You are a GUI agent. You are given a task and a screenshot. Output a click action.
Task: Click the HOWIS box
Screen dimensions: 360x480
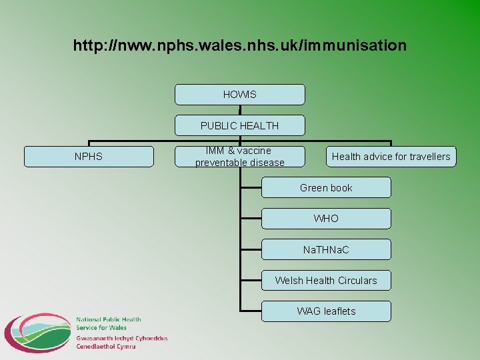(239, 95)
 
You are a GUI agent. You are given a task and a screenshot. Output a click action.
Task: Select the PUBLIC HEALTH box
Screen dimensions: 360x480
(239, 125)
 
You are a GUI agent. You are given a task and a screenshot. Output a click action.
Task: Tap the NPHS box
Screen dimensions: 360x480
(89, 157)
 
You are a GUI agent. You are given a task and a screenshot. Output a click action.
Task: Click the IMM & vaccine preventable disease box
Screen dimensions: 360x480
(239, 157)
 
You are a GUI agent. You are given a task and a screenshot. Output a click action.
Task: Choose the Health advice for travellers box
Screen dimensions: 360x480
(391, 157)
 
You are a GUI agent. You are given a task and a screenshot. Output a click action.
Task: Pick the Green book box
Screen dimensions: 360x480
(326, 187)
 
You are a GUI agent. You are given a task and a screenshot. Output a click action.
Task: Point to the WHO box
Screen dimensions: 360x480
(326, 219)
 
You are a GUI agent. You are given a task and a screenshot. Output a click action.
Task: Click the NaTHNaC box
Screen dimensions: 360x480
(326, 249)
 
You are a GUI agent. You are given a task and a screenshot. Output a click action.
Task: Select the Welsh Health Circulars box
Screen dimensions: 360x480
(326, 280)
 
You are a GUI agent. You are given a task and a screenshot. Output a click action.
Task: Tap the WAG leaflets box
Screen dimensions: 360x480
(326, 311)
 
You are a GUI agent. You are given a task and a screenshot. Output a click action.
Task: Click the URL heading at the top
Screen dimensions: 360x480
(239, 46)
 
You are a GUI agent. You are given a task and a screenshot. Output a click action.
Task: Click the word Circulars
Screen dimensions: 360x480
(356, 280)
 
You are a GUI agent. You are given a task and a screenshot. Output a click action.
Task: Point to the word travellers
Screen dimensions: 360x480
(426, 157)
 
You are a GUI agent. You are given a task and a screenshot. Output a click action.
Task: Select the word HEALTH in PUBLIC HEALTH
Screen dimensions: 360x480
(259, 125)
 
